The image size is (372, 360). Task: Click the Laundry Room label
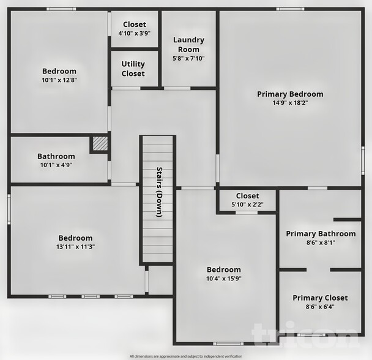pyautogui.click(x=188, y=44)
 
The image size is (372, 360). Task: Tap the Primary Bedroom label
pyautogui.click(x=290, y=94)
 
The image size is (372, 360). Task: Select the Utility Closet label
pyautogui.click(x=133, y=69)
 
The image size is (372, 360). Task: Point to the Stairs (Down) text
pyautogui.click(x=159, y=192)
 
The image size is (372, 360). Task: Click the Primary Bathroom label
pyautogui.click(x=321, y=234)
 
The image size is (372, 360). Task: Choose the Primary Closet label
pyautogui.click(x=320, y=298)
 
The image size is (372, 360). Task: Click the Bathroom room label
pyautogui.click(x=56, y=156)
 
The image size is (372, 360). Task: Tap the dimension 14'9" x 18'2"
pyautogui.click(x=290, y=103)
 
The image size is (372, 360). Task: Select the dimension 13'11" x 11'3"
pyautogui.click(x=76, y=247)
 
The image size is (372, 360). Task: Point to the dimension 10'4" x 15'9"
pyautogui.click(x=223, y=279)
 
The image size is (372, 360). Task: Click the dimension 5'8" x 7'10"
pyautogui.click(x=188, y=58)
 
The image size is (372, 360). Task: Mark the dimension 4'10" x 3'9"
pyautogui.click(x=135, y=34)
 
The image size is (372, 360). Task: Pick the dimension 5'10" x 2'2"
pyautogui.click(x=247, y=204)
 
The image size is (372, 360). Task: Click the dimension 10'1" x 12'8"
pyautogui.click(x=59, y=80)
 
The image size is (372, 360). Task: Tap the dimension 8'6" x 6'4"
pyautogui.click(x=320, y=307)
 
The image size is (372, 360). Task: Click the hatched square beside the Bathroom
pyautogui.click(x=100, y=144)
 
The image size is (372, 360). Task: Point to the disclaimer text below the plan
pyautogui.click(x=185, y=356)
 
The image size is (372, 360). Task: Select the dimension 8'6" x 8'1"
pyautogui.click(x=321, y=242)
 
